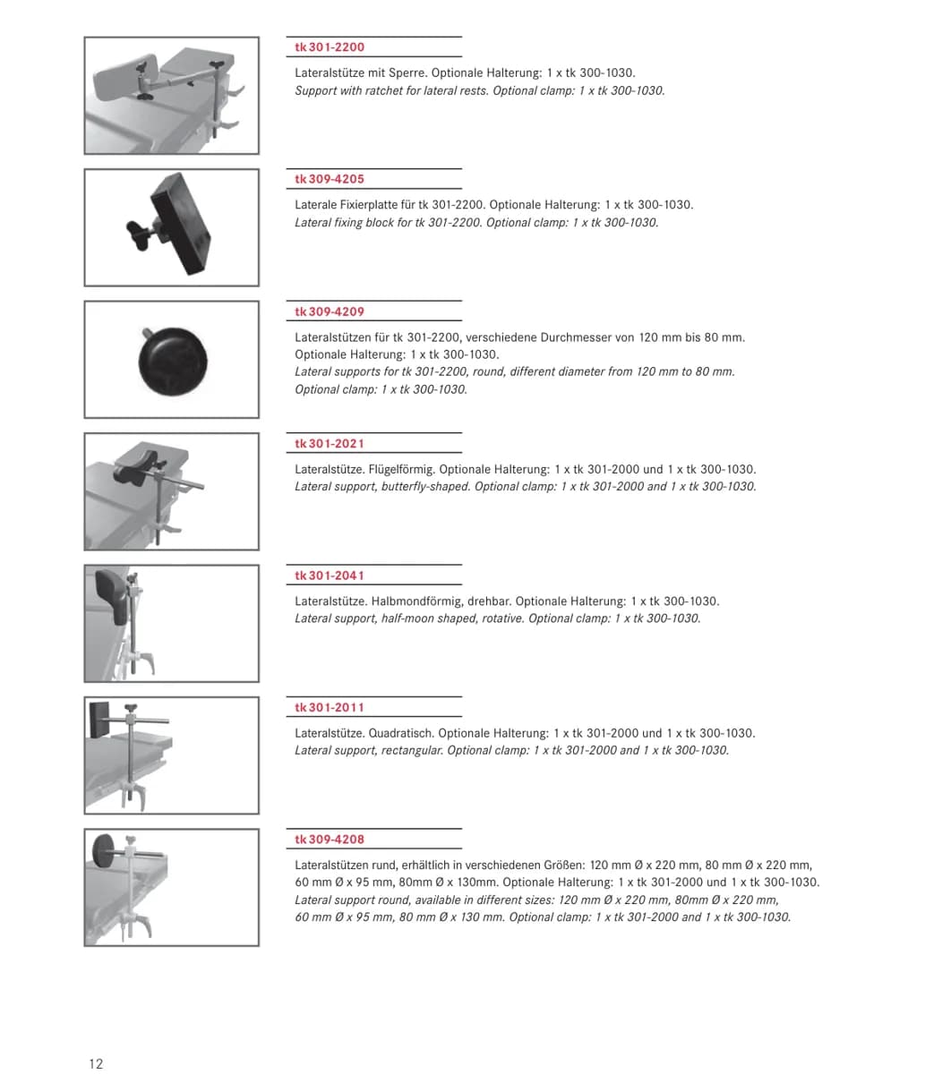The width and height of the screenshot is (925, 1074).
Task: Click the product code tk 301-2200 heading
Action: coord(330,47)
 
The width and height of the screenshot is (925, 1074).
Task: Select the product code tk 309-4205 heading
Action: coord(330,179)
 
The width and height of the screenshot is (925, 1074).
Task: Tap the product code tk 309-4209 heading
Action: coord(330,311)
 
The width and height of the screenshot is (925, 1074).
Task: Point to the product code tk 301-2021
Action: coord(330,444)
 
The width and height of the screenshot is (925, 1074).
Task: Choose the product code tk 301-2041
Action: coord(330,575)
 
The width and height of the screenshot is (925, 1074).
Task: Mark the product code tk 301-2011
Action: coord(330,708)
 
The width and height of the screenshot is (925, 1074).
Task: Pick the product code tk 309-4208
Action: coord(330,840)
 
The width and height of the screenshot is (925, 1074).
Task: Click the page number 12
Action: coord(96,1063)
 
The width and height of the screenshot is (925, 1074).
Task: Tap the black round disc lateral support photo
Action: coord(173,362)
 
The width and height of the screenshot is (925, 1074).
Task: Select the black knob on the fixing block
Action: coord(140,234)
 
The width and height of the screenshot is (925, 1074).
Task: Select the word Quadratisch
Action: coord(401,734)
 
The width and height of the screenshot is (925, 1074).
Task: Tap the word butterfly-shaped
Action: coord(425,487)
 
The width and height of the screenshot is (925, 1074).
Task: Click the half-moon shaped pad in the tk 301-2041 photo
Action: coord(112,596)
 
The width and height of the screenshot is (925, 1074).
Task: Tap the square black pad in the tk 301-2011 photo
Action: coord(99,720)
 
